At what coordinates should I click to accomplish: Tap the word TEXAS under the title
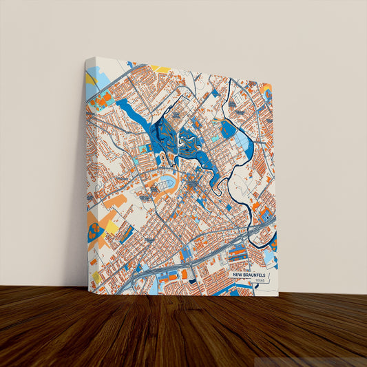(259, 281)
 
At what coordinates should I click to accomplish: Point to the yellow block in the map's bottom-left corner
(96, 277)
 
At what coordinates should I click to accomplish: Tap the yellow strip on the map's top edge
(160, 69)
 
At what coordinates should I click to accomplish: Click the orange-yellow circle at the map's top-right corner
(266, 90)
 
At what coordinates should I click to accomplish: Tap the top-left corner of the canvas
(87, 58)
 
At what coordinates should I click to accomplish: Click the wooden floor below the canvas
(183, 331)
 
